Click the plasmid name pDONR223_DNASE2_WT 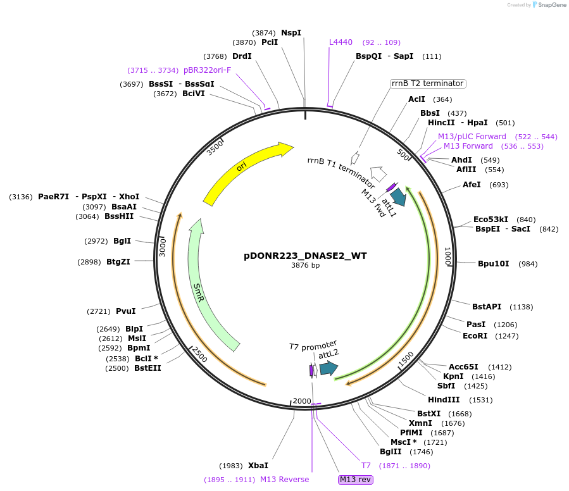pos(305,256)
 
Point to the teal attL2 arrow pos(328,368)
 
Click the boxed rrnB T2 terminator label pos(428,84)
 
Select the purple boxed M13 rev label pos(356,480)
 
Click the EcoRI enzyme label pos(475,336)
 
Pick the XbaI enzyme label pos(258,465)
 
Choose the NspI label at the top pos(291,33)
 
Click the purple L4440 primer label pos(341,42)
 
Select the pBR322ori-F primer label pos(208,70)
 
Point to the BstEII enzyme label pos(147,368)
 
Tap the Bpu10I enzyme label pos(494,263)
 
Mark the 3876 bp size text pos(305,266)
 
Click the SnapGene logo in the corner pos(549,5)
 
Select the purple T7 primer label pos(366,466)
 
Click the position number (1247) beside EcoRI pos(506,336)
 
